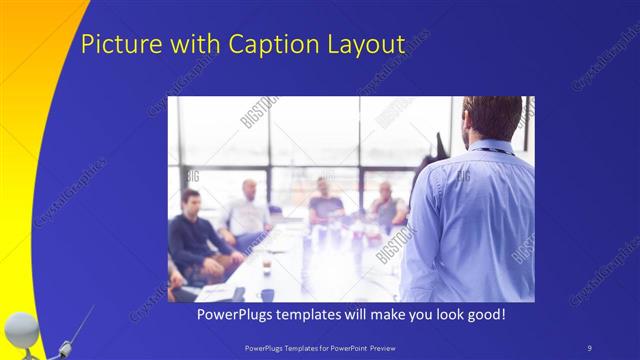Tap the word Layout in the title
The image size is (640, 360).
[x=361, y=45]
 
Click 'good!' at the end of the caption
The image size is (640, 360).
[x=484, y=314]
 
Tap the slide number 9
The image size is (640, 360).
[x=590, y=347]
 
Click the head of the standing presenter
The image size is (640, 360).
[x=492, y=117]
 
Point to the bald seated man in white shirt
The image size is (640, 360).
[x=248, y=212]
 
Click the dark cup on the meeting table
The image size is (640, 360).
[x=267, y=294]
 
